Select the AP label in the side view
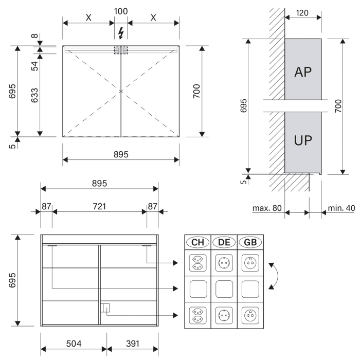point(303,71)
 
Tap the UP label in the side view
point(303,140)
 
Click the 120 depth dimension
point(303,12)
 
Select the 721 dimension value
point(99,207)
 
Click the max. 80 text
point(267,208)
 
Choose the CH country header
point(198,242)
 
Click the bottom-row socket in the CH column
point(198,313)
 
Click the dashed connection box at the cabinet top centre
point(121,50)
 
